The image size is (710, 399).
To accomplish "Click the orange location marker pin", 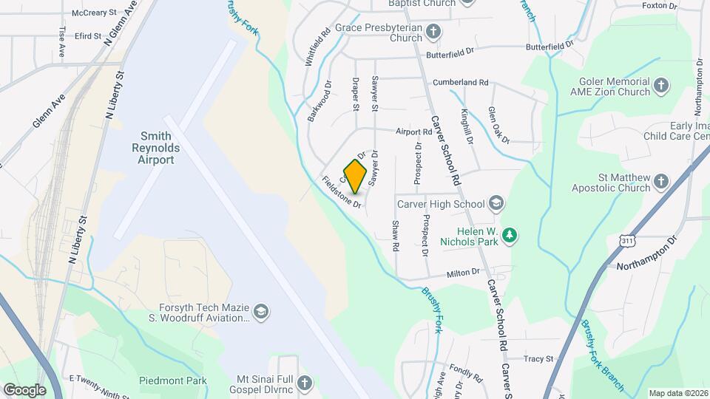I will click(x=355, y=176).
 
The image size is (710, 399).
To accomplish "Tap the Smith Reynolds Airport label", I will click(x=156, y=148).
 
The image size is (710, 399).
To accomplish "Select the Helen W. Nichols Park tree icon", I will click(x=509, y=236).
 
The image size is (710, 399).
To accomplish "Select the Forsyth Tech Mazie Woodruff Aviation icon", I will click(x=260, y=313).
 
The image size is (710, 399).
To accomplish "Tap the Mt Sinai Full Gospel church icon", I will click(x=305, y=383).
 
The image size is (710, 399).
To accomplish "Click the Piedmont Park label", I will click(x=173, y=381).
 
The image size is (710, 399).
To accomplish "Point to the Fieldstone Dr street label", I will click(x=341, y=191).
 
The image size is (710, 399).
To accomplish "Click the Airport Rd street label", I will click(x=413, y=132).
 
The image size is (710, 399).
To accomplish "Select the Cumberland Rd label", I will click(x=461, y=82).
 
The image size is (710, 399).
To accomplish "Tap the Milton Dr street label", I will click(x=463, y=273).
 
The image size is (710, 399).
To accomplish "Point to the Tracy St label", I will click(x=538, y=359).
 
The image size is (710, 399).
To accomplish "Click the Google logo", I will click(x=24, y=389).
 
